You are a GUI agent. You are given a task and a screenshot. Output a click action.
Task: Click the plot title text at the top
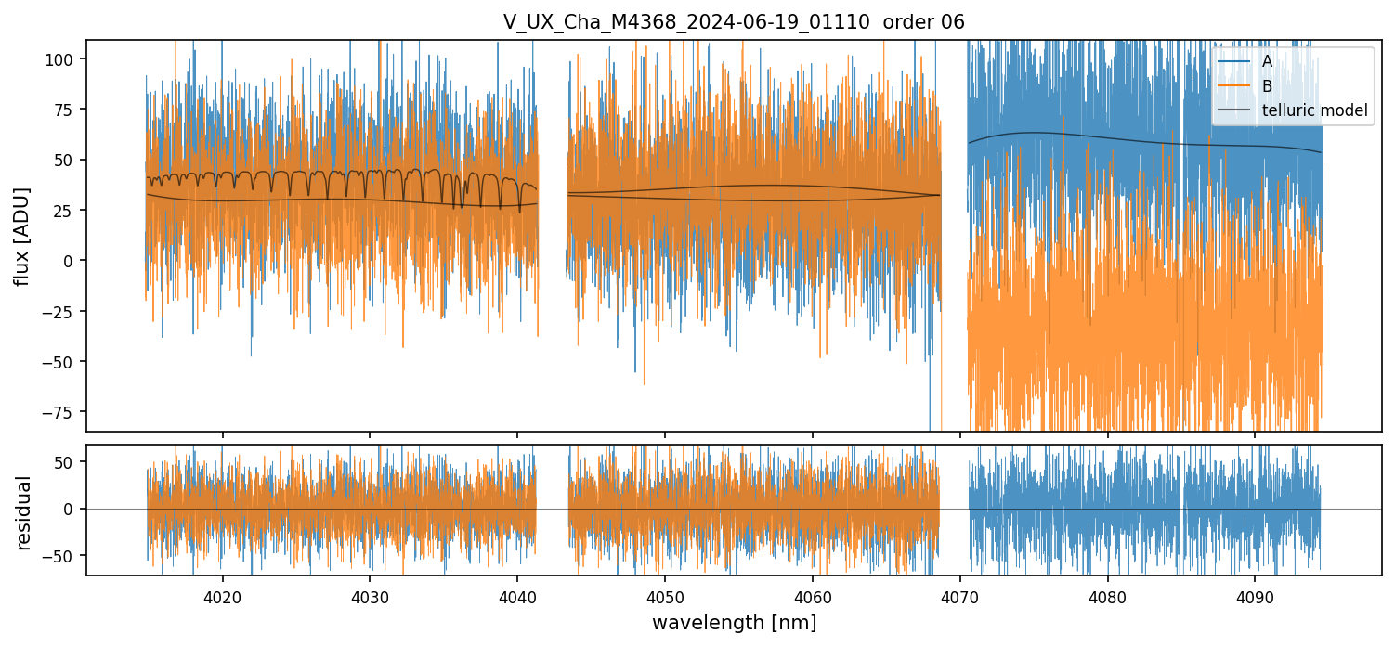point(734,22)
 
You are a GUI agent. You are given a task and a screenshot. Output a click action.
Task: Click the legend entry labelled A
point(1267,61)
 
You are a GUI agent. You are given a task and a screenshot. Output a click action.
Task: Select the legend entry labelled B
point(1267,86)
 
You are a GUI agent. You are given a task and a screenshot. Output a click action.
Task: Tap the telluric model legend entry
point(1314,111)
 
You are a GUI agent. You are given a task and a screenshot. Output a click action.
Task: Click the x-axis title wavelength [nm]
point(734,622)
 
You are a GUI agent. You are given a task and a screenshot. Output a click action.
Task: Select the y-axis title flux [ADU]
point(22,236)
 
